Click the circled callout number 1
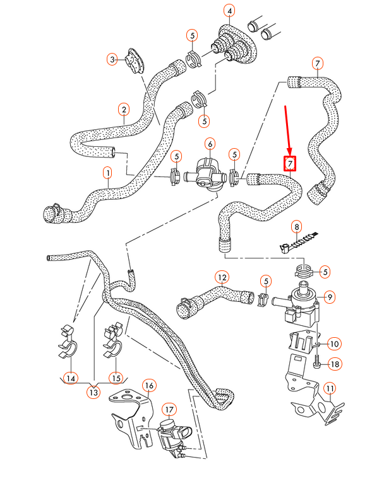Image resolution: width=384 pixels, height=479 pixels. pyautogui.click(x=107, y=172)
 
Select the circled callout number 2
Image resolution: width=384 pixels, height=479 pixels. pyautogui.click(x=124, y=108)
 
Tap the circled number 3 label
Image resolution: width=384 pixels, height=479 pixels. pyautogui.click(x=112, y=59)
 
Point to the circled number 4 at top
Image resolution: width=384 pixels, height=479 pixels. pyautogui.click(x=230, y=11)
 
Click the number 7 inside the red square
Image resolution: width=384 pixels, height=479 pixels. pyautogui.click(x=290, y=164)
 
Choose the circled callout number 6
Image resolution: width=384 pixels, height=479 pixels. pyautogui.click(x=209, y=144)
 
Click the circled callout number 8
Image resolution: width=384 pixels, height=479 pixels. pyautogui.click(x=296, y=226)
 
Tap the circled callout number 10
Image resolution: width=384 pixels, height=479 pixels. pyautogui.click(x=333, y=343)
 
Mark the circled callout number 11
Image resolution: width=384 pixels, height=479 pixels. pyautogui.click(x=328, y=388)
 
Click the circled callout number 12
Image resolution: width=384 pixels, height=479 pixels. pyautogui.click(x=221, y=276)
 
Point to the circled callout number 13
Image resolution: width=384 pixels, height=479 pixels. pyautogui.click(x=93, y=392)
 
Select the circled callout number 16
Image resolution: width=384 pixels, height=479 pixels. pyautogui.click(x=149, y=384)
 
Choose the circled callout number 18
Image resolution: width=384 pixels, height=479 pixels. pyautogui.click(x=334, y=364)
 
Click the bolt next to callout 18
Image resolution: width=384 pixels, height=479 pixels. pyautogui.click(x=316, y=364)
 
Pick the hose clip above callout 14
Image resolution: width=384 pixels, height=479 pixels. pyautogui.click(x=69, y=340)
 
